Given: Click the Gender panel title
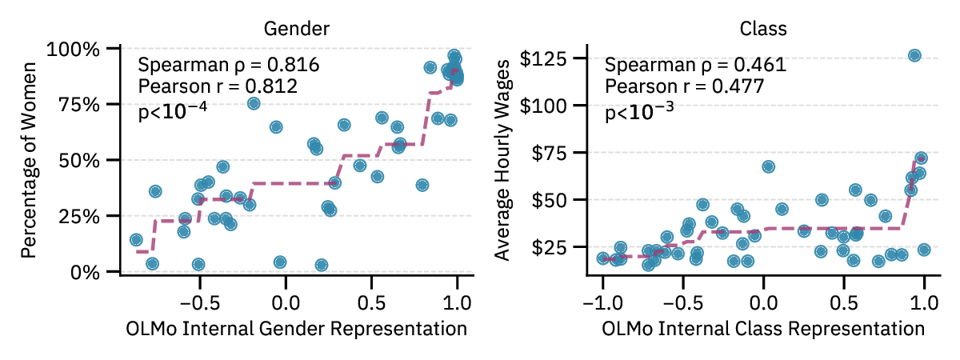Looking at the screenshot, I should pyautogui.click(x=297, y=29).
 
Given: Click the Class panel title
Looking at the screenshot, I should pyautogui.click(x=763, y=29).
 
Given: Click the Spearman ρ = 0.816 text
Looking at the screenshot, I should pyautogui.click(x=229, y=65).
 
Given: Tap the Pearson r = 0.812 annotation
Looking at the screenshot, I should pyautogui.click(x=218, y=86).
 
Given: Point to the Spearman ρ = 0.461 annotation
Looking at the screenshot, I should pyautogui.click(x=695, y=65).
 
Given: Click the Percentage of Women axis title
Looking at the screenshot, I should pyautogui.click(x=30, y=160).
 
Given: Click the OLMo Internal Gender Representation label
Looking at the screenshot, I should pyautogui.click(x=297, y=329).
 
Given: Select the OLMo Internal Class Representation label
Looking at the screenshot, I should pyautogui.click(x=763, y=329).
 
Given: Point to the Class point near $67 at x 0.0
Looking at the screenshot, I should pyautogui.click(x=768, y=166).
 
